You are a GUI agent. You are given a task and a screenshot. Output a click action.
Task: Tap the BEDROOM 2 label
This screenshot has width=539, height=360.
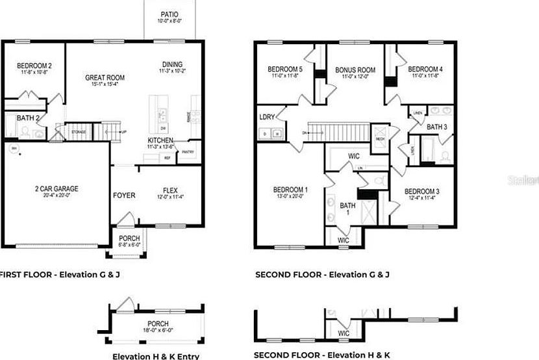(34, 66)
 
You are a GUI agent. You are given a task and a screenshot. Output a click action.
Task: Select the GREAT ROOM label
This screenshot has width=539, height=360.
(105, 77)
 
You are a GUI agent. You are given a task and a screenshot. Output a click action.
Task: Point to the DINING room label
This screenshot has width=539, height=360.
(172, 64)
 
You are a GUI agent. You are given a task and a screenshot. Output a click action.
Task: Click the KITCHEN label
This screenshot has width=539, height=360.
(160, 140)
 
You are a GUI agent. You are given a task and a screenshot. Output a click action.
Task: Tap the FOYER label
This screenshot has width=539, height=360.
(124, 194)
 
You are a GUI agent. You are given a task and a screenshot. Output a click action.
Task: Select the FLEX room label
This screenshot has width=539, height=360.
(170, 191)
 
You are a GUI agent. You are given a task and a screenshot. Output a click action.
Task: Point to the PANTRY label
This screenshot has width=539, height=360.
(188, 152)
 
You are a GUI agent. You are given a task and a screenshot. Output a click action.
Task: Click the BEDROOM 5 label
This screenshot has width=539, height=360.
(285, 70)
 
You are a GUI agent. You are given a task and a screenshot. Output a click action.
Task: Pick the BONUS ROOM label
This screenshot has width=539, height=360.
(355, 70)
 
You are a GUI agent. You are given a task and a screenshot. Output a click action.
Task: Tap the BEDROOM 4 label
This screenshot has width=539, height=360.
(425, 70)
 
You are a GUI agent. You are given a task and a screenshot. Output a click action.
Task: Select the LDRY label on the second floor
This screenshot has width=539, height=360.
(266, 117)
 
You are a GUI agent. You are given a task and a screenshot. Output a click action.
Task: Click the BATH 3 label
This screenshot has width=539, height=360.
(437, 127)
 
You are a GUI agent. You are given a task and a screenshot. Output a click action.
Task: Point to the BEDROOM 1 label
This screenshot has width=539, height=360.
(288, 190)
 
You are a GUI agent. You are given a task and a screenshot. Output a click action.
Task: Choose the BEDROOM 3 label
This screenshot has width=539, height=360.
(422, 192)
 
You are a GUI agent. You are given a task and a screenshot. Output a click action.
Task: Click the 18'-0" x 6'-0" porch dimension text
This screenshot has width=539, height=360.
(158, 331)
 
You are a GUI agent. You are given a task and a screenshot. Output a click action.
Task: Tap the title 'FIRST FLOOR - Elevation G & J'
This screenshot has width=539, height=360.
(60, 275)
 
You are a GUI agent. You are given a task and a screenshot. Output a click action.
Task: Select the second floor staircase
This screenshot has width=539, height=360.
(338, 133)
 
